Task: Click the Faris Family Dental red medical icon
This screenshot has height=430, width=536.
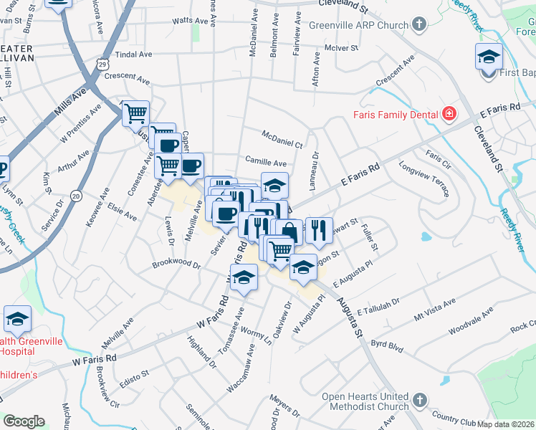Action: pos(449,113)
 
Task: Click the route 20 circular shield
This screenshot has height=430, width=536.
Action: pos(75,196)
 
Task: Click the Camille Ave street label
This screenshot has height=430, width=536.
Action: pos(265,163)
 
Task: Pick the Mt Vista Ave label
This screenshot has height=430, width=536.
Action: pos(435,312)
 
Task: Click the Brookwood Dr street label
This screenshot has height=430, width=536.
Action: pos(176,264)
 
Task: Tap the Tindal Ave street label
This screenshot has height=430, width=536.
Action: pos(134,54)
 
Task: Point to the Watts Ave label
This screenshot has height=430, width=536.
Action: pos(189,21)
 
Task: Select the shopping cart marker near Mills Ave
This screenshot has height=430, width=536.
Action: pos(135,113)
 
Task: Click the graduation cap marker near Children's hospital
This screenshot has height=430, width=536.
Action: pos(17,319)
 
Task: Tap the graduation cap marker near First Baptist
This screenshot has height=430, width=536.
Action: pos(489,57)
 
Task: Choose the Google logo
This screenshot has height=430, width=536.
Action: pos(24,421)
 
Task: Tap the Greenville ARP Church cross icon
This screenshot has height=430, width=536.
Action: pos(419,25)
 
